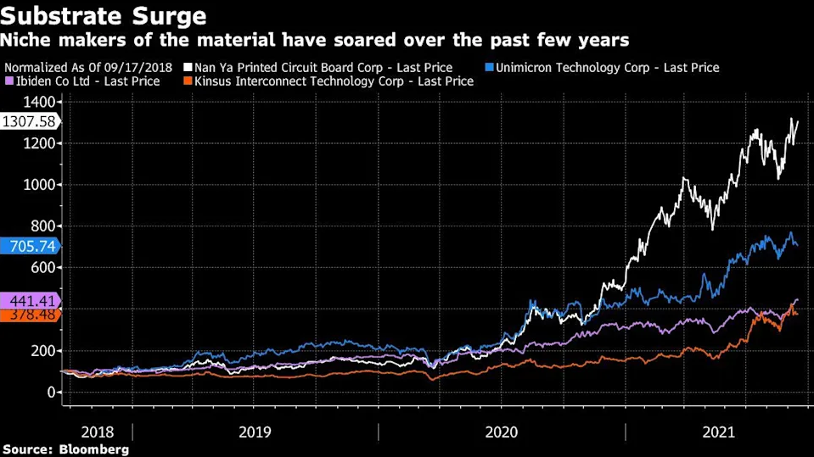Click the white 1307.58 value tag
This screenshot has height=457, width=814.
tap(29, 122)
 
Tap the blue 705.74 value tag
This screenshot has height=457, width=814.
tap(29, 247)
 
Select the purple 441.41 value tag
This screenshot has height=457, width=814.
tap(29, 300)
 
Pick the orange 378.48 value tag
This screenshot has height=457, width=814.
tap(29, 315)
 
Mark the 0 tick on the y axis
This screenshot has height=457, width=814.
tap(52, 393)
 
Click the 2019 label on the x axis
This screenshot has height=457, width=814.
tap(255, 432)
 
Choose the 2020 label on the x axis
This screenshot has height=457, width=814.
tap(501, 432)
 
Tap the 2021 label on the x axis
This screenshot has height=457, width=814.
tap(720, 432)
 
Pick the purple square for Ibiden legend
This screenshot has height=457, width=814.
tap(8, 81)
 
